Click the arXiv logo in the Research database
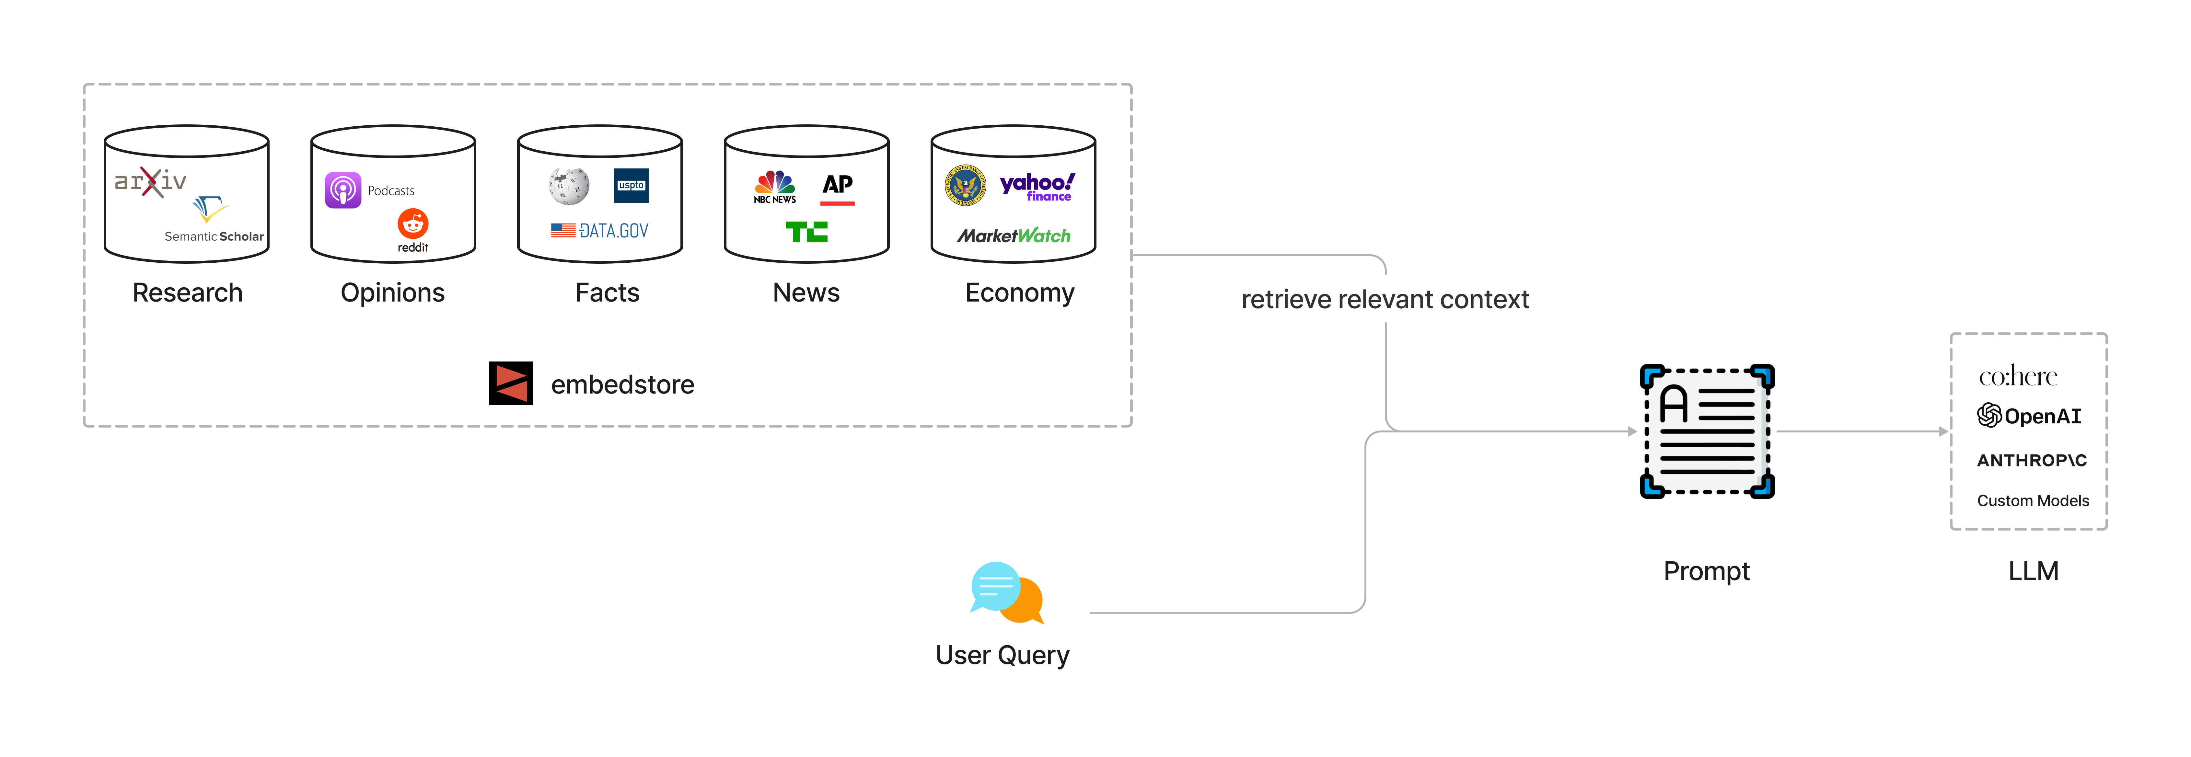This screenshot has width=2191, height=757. (151, 181)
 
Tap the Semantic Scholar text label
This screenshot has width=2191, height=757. (214, 236)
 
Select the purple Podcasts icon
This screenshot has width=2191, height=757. (343, 190)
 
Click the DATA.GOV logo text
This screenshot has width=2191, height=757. (600, 231)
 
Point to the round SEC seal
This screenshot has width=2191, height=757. (965, 185)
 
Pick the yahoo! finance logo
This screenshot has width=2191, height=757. (1037, 186)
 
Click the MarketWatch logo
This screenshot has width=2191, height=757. (1014, 235)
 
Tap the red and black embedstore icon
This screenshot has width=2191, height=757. (511, 384)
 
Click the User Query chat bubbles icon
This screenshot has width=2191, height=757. (1006, 593)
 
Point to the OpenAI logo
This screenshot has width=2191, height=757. (2029, 416)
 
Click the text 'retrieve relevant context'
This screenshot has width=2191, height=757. (1385, 299)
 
